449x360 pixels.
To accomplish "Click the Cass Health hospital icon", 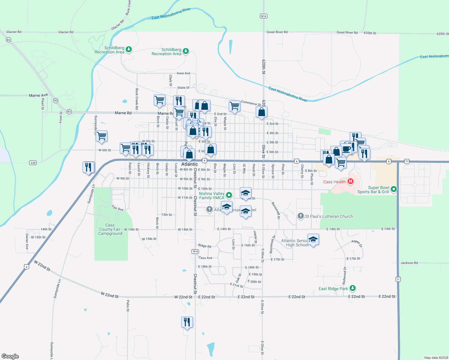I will pos(350,181).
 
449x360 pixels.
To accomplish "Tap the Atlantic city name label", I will pos(189,164).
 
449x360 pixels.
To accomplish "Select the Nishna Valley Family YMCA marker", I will pos(229,195).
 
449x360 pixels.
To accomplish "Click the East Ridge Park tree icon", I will pos(353,288).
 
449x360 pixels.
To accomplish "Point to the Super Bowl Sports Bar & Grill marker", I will pos(394,189).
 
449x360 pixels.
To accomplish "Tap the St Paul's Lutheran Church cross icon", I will pos(300,216).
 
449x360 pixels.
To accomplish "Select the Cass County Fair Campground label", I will pos(110,229).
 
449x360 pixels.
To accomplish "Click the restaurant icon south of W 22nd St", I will pos(187,322).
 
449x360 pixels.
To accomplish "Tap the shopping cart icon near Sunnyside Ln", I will pos(102,136).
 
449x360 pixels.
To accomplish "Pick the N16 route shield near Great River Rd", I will pos(264,16).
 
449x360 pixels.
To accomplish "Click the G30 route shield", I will pos(33,163).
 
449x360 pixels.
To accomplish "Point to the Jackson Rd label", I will pos(409,263).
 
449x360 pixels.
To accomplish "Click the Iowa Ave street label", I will pos(183,73).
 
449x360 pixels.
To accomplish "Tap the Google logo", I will pos(10,356).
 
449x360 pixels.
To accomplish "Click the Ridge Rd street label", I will pos(205,246).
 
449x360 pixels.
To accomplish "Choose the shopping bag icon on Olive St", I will pos(261,112).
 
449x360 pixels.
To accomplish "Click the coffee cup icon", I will pos(346,148).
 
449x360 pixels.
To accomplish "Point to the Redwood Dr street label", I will pos(345,275).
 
